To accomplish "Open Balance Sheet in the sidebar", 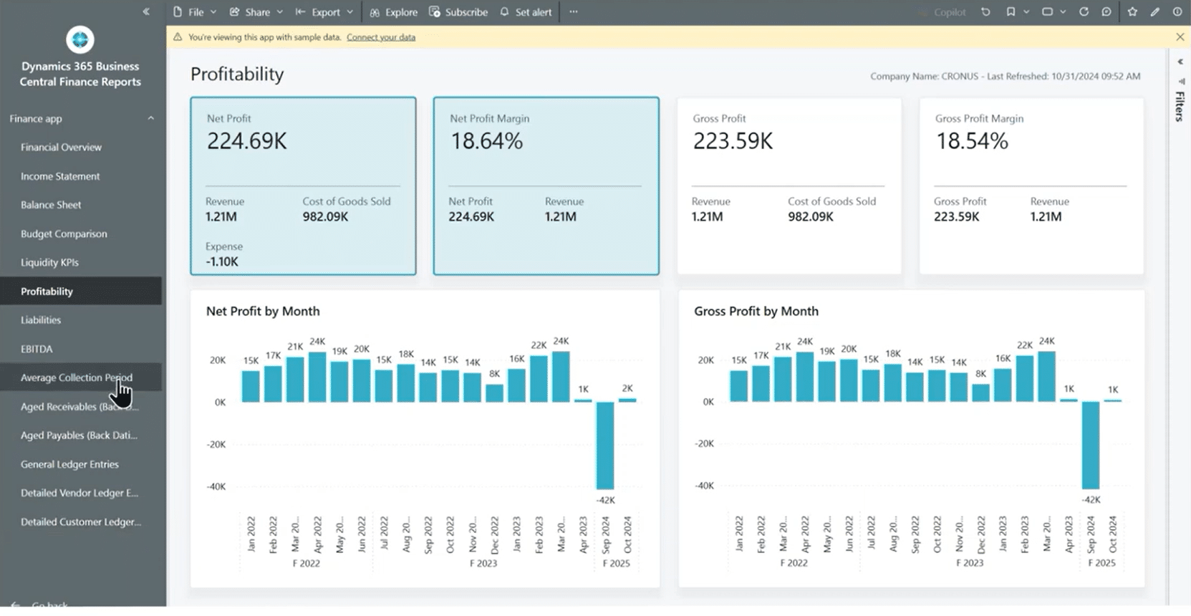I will tap(51, 205).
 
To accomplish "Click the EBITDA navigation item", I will tap(37, 349).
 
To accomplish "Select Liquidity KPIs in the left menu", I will tap(49, 262).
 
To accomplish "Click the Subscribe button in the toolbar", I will tap(458, 12).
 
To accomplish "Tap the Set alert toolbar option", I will tap(526, 12).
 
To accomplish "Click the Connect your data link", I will tap(381, 37).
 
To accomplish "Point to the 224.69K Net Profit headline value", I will tap(247, 141).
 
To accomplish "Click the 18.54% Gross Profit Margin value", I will tap(972, 141).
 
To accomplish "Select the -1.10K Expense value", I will tap(222, 261).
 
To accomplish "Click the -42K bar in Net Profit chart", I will tap(605, 446).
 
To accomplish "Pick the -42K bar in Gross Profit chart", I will tap(1091, 445).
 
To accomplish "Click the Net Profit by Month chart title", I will tap(263, 312).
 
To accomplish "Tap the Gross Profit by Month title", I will tap(756, 312).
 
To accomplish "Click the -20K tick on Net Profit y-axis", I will tap(216, 444).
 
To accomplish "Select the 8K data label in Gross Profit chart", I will tap(980, 374).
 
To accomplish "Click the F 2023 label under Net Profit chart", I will tap(483, 564).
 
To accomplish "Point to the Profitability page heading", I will tap(237, 74).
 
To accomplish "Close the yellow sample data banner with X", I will tap(1180, 37).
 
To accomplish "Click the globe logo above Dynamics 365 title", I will tap(80, 40).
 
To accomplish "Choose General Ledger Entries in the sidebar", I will tap(69, 464).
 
